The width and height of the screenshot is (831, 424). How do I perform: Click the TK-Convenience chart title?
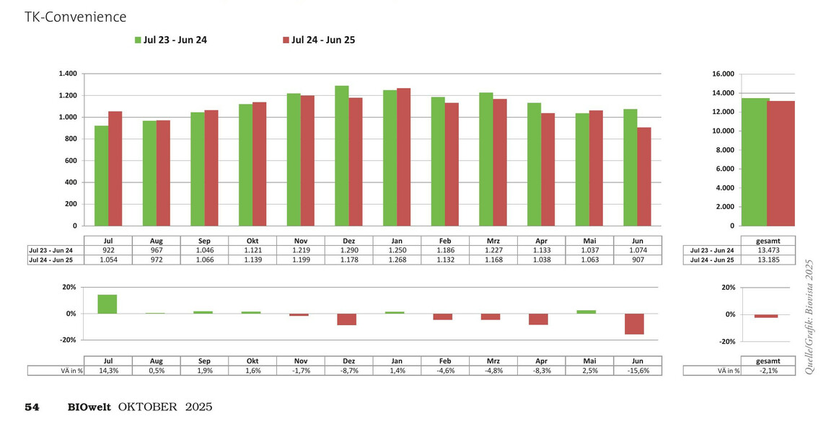tap(75, 17)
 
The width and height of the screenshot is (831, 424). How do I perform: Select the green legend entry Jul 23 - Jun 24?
tap(171, 40)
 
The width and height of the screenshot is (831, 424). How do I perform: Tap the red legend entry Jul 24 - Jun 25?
tap(319, 40)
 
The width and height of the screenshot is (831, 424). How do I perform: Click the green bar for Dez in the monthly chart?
tap(342, 156)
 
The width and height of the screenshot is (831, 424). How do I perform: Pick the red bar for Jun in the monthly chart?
tap(644, 177)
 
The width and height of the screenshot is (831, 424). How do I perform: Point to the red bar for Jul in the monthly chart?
tap(115, 169)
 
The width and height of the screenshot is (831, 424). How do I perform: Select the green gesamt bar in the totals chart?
tap(755, 162)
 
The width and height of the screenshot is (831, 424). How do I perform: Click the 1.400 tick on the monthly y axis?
tap(68, 74)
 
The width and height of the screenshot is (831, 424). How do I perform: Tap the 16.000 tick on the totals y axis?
tap(724, 74)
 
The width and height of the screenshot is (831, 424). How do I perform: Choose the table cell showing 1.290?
tap(348, 250)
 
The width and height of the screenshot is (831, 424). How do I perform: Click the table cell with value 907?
tap(638, 260)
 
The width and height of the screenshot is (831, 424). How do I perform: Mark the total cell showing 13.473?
tap(768, 250)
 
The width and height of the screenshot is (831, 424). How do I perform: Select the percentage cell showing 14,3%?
tap(108, 371)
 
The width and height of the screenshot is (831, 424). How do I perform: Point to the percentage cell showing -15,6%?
tap(638, 371)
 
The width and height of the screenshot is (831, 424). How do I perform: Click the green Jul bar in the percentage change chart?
tap(107, 304)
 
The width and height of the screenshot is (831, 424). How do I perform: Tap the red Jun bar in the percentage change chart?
tap(634, 324)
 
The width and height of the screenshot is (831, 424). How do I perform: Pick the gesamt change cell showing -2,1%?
tap(768, 371)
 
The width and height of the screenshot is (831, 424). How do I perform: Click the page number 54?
tap(32, 407)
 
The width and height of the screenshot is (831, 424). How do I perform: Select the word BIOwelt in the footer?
tap(89, 407)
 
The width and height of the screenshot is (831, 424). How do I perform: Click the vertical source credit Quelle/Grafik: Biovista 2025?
tap(809, 317)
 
